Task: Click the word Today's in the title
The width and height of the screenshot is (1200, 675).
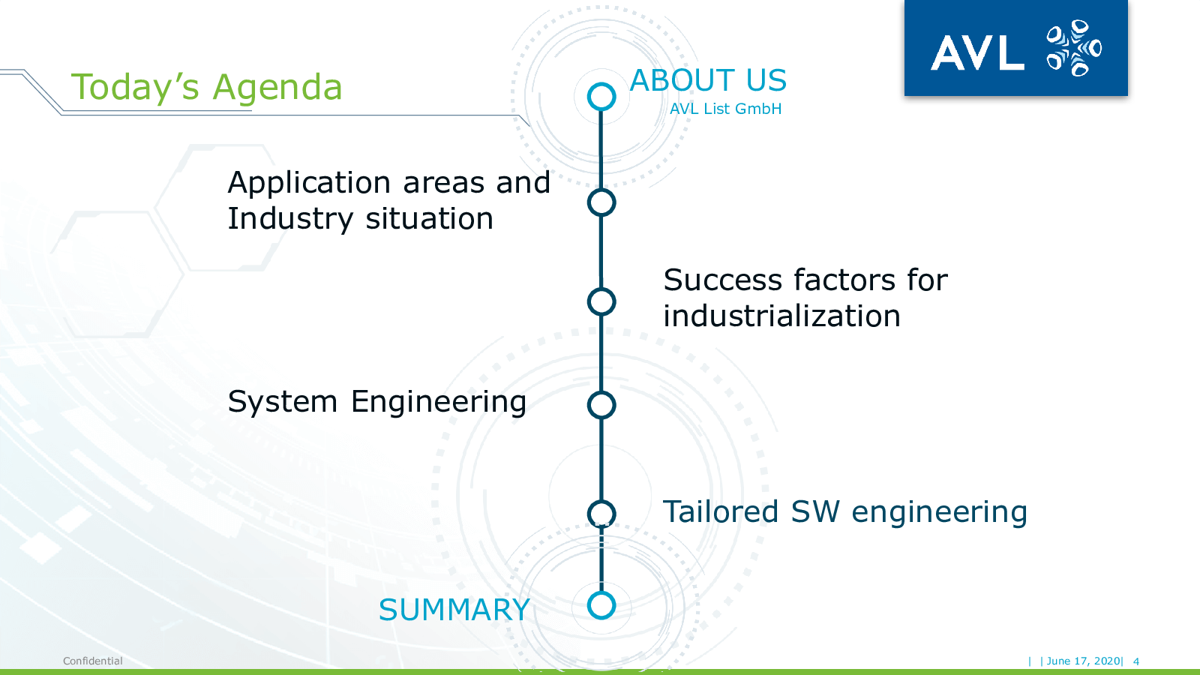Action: pos(135,86)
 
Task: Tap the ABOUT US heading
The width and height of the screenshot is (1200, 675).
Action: pos(708,80)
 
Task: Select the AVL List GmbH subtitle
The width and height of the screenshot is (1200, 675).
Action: pos(725,109)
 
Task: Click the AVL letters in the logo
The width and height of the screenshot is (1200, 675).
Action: pos(978,52)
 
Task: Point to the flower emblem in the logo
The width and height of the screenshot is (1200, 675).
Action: pos(1073,48)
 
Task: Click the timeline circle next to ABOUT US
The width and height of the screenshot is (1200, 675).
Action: pos(601,97)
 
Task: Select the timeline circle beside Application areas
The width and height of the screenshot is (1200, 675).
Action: pos(601,202)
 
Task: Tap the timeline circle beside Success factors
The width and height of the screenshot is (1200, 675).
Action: pos(601,301)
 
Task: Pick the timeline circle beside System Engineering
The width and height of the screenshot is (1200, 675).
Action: pos(601,404)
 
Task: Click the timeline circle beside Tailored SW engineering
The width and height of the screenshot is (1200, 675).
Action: pos(601,514)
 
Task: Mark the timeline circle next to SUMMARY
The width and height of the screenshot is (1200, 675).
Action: pos(601,605)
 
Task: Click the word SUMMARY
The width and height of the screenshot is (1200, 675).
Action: pos(454,610)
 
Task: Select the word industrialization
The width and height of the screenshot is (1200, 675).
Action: pos(781,316)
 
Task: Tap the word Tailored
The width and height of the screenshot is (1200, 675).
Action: pos(721,511)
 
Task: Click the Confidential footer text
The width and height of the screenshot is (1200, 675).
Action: pos(93,661)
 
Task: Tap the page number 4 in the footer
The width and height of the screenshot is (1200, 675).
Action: pos(1135,661)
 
